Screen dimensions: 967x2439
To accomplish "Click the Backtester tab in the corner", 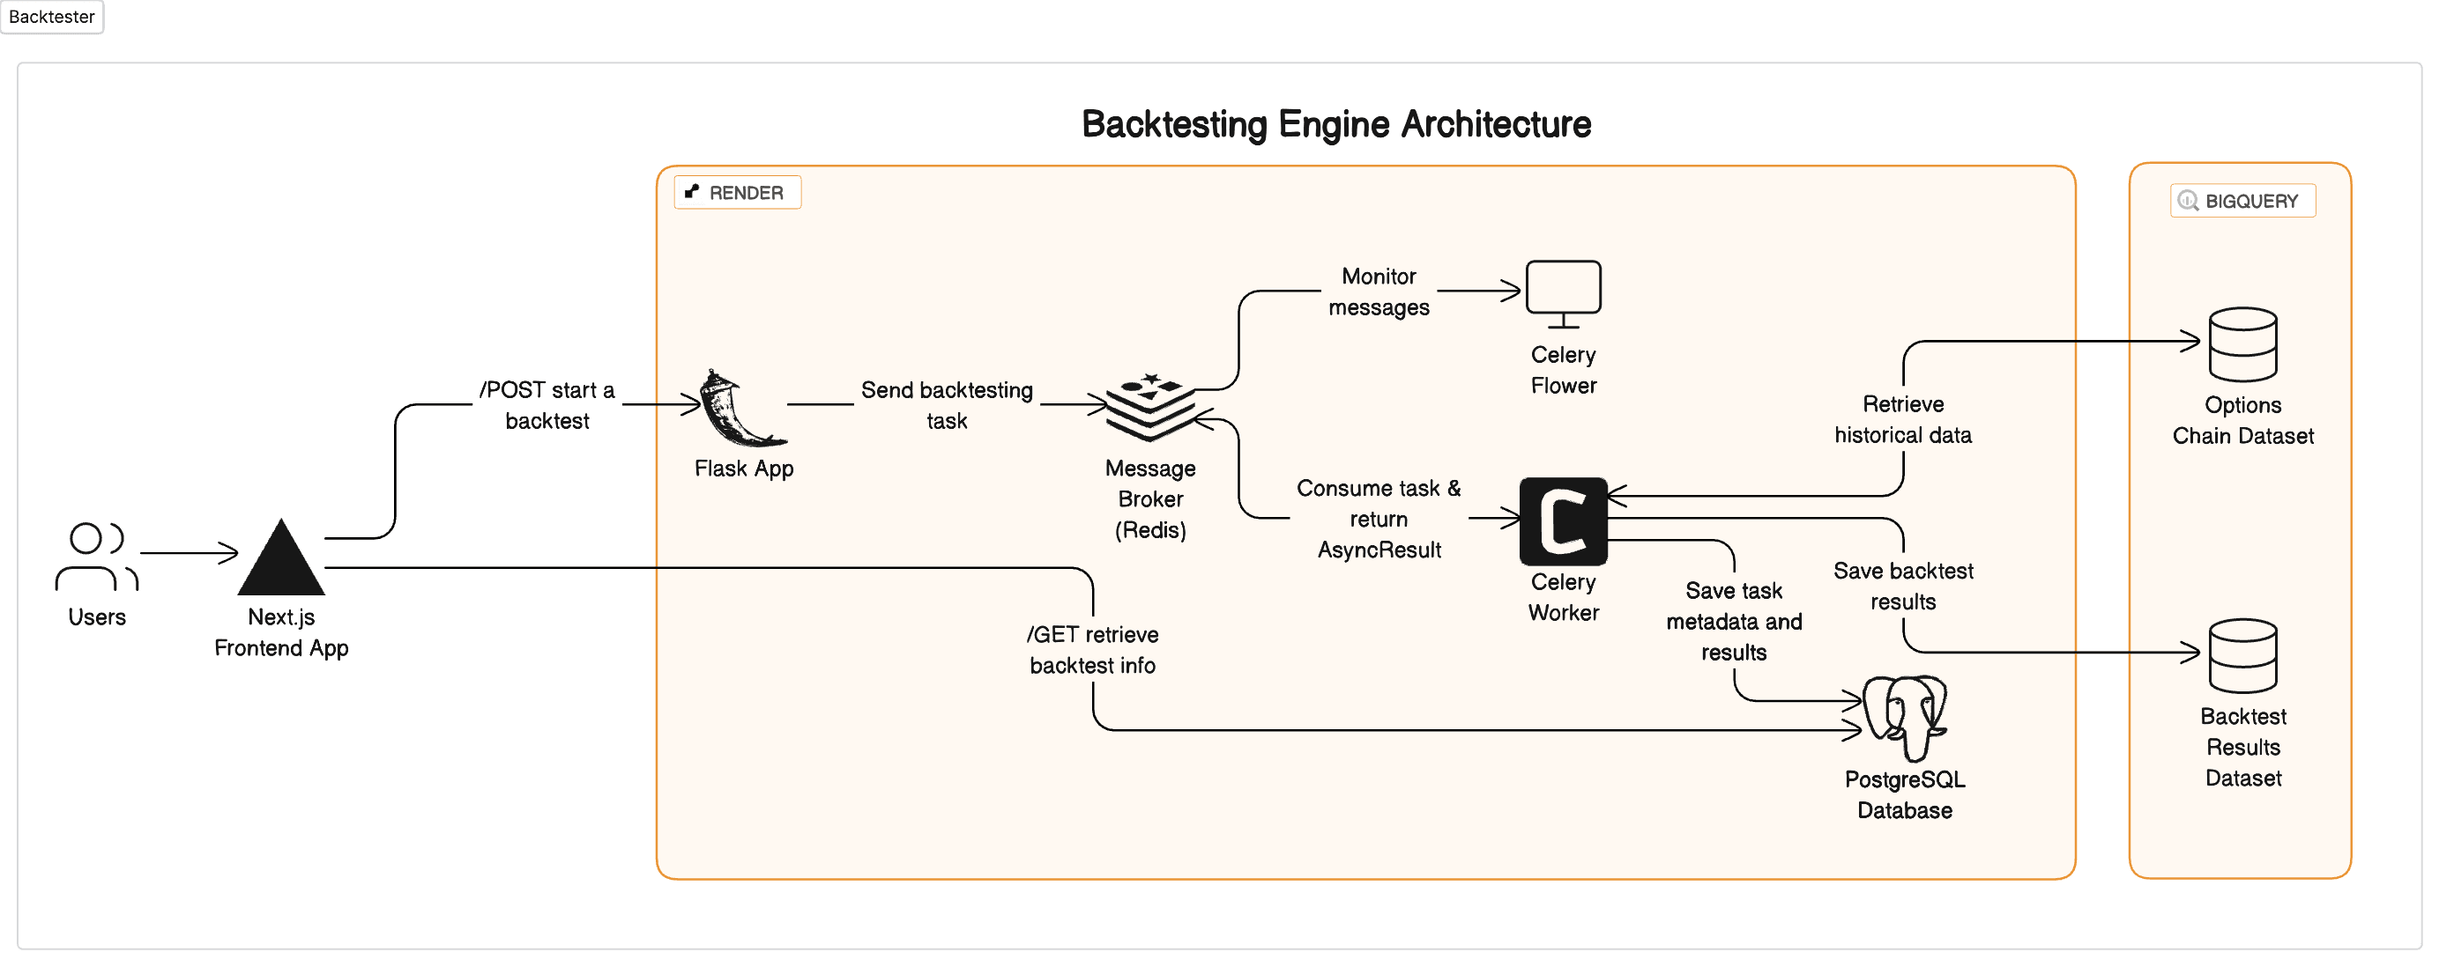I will pos(51,16).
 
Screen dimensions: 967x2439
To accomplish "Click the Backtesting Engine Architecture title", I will pos(1335,124).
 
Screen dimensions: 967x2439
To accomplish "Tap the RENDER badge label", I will pos(737,192).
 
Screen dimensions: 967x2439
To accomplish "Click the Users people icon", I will pos(95,557).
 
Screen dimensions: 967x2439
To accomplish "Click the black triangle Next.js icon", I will pos(281,559).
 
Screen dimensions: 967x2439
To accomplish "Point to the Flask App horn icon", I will pos(740,409).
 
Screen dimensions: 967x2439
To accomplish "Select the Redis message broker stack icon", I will pos(1149,407).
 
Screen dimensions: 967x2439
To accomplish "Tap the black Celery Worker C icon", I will pos(1562,520).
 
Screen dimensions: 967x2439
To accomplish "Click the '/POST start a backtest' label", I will pos(547,405).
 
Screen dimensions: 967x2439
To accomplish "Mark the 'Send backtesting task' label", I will pos(946,405).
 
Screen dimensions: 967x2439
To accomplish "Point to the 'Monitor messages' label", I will pos(1378,292).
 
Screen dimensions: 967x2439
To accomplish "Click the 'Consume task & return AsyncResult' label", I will pos(1378,519).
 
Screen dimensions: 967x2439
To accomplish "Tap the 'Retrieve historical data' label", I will pos(1902,419).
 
